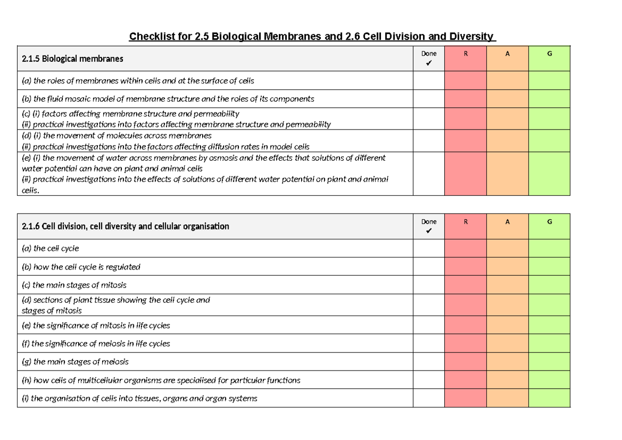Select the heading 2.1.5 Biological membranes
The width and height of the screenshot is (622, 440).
(x=73, y=59)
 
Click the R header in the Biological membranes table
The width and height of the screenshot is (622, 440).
(x=465, y=53)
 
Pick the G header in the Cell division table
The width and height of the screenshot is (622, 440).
(x=549, y=221)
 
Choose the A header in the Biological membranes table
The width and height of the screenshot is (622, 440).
(x=507, y=53)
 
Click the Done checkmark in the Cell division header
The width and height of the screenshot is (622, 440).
(x=428, y=231)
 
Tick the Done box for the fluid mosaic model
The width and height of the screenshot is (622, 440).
(x=428, y=98)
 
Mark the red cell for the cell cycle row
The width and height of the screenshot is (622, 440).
(x=465, y=248)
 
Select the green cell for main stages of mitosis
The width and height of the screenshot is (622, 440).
(x=549, y=285)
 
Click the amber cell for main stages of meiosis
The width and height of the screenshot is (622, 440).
(x=507, y=362)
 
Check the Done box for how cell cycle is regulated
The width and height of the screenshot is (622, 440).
(x=428, y=267)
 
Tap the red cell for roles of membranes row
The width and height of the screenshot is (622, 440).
(x=465, y=80)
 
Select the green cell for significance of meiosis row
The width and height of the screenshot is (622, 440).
(x=549, y=344)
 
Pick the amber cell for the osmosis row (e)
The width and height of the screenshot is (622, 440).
(x=507, y=174)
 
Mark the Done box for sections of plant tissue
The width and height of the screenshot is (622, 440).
(x=428, y=305)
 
